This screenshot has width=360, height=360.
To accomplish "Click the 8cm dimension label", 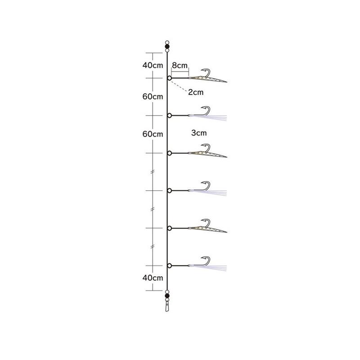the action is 180,65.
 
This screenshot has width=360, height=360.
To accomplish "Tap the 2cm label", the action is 196,92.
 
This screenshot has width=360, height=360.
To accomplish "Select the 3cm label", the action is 199,133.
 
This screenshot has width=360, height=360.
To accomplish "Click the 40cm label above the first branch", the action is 153,65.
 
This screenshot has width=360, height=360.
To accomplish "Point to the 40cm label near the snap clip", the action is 153,278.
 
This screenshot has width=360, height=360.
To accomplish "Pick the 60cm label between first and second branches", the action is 153,97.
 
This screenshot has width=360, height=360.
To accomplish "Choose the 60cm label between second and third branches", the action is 153,134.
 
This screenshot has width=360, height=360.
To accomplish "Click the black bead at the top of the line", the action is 167,46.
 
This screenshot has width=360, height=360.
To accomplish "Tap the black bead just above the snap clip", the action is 167,296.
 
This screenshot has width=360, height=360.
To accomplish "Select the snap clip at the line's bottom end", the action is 167,306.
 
